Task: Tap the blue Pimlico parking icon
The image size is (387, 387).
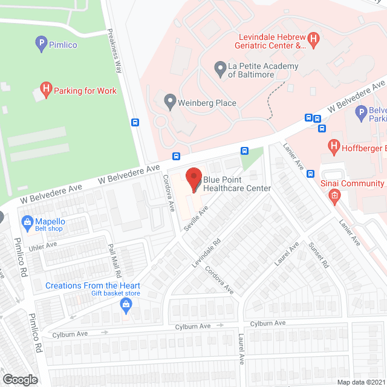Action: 41,43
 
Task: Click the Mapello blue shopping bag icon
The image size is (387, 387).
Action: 27,222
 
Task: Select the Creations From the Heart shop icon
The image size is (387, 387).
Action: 126,304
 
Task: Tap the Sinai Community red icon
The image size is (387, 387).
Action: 333,195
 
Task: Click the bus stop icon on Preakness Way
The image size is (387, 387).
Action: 134,122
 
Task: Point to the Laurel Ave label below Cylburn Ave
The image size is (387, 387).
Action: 241,350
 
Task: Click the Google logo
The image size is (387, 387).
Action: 20,379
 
